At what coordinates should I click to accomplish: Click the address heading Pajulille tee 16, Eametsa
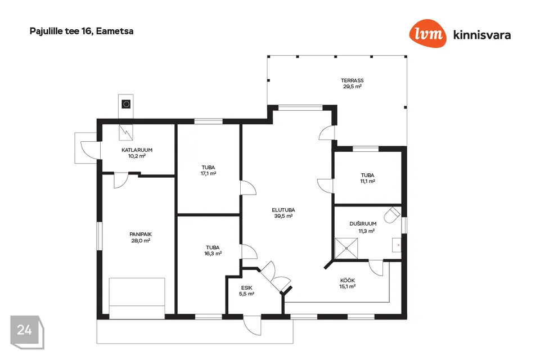(x=81, y=31)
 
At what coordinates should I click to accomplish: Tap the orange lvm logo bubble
(x=427, y=33)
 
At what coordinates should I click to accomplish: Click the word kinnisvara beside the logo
(x=482, y=35)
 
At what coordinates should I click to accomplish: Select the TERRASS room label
(x=352, y=80)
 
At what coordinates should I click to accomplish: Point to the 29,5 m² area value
(x=352, y=87)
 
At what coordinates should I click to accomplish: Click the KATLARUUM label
(x=137, y=150)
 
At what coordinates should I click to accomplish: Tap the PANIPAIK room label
(x=141, y=234)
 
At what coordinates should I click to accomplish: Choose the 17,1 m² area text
(x=208, y=174)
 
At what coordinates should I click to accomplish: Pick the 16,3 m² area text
(x=213, y=254)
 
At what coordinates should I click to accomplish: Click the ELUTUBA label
(x=283, y=210)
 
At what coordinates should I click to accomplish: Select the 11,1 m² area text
(x=367, y=181)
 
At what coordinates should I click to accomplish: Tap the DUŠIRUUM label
(x=363, y=223)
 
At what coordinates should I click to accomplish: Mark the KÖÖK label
(x=348, y=281)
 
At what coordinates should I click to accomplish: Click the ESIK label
(x=246, y=288)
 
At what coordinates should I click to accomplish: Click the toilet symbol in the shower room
(x=392, y=215)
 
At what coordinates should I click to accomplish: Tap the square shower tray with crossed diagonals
(x=346, y=248)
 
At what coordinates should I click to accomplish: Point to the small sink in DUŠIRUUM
(x=397, y=245)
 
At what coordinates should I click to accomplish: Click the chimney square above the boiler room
(x=126, y=104)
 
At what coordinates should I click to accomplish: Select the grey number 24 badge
(x=27, y=332)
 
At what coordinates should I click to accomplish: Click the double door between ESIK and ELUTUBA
(x=276, y=278)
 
